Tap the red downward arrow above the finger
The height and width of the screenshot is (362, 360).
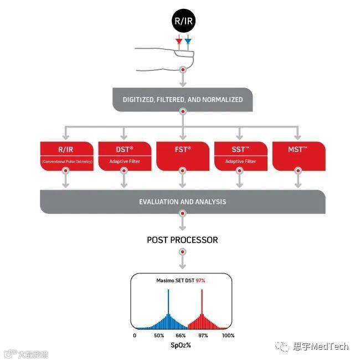point(178,42)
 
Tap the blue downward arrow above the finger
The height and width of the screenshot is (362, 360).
point(188,42)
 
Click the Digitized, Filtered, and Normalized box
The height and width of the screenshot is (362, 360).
point(182,100)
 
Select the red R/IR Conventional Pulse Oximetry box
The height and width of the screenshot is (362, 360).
point(66,156)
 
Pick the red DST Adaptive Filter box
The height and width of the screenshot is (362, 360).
point(124,156)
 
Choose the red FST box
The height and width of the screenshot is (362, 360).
point(182,156)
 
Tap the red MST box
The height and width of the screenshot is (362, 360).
point(299,156)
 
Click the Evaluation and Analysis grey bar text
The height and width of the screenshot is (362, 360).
point(182,202)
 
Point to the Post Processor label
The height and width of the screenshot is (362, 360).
point(182,240)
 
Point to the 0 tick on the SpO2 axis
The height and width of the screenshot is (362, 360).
point(135,335)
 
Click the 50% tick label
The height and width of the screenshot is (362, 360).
point(160,335)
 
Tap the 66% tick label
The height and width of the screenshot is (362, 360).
point(181,335)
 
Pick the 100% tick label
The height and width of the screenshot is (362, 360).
point(228,335)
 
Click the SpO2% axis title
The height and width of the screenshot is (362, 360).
point(181,345)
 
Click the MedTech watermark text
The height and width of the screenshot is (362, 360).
point(321,347)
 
